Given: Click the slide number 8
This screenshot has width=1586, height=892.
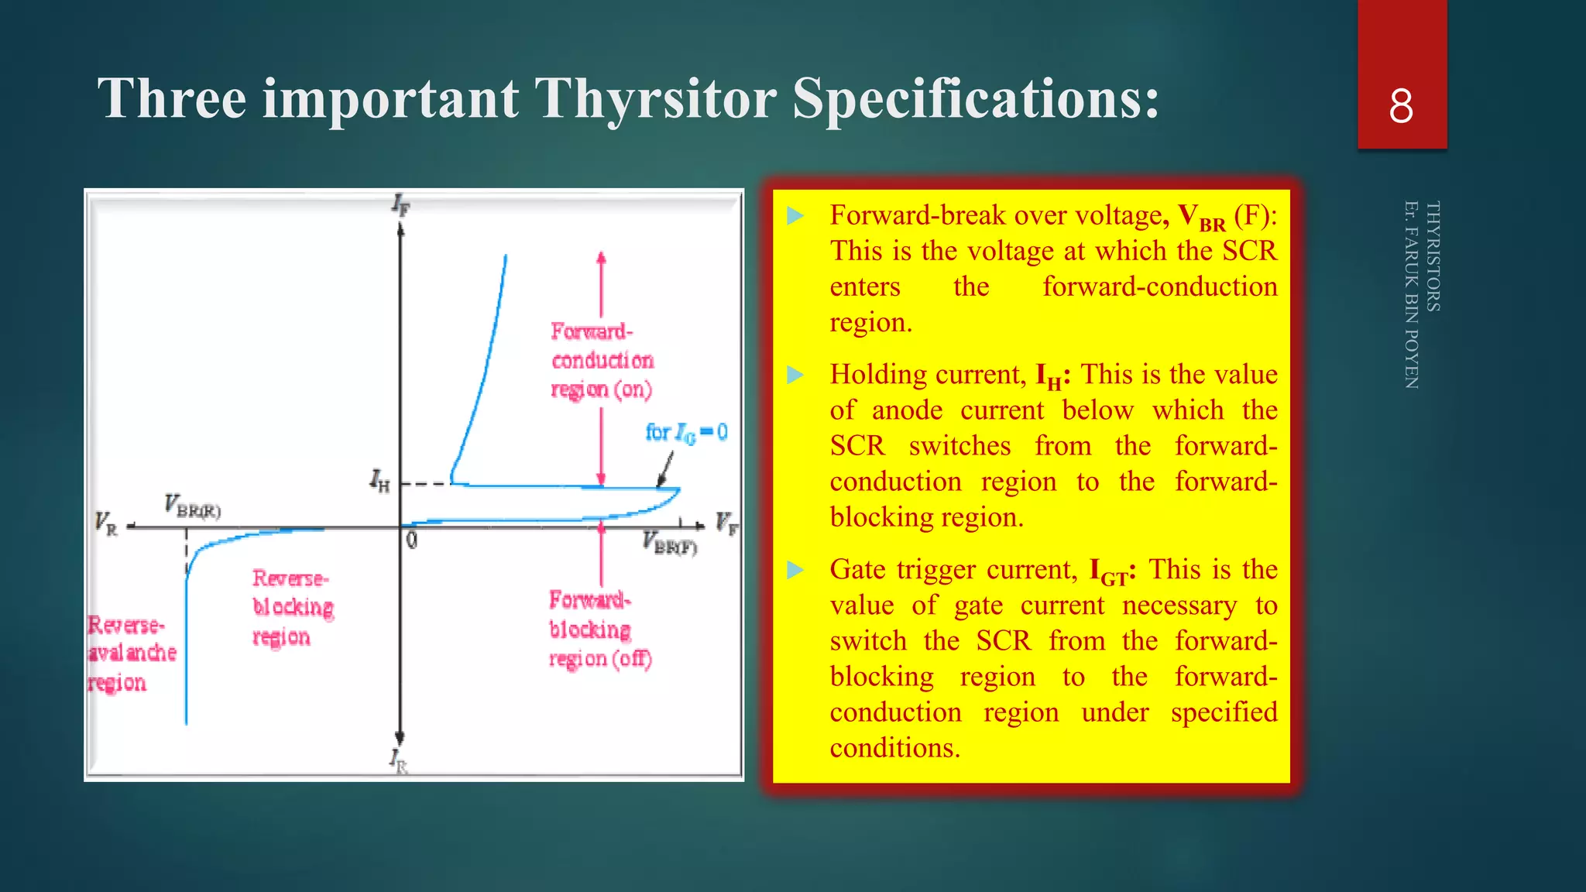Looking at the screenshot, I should click(1401, 106).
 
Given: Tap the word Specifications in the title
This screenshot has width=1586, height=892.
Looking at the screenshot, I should click(976, 98).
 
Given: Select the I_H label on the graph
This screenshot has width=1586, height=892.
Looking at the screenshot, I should click(379, 481).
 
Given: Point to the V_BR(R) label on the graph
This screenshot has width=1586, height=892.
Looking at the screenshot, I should click(192, 506).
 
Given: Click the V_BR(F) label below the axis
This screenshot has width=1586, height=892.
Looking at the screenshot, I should click(670, 543).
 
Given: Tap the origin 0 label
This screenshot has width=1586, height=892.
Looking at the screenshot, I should click(411, 540).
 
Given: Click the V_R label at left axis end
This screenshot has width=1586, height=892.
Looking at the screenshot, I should click(106, 523).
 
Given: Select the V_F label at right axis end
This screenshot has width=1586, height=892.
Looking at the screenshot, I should click(726, 523).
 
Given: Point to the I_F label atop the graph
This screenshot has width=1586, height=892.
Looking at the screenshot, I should click(400, 204).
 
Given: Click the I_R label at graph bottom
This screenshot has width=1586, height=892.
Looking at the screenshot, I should click(399, 760).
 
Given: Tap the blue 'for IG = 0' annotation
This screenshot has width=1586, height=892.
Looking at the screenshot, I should click(686, 432).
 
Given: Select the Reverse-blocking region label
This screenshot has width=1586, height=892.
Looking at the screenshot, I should click(293, 608).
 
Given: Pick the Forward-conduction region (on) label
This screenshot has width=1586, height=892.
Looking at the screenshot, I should click(602, 360).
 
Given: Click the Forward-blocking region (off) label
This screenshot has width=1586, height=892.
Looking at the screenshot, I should click(600, 630).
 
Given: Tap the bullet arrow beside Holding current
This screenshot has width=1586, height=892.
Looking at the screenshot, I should click(795, 376).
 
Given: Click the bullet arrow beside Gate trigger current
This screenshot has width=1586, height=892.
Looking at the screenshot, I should click(795, 571).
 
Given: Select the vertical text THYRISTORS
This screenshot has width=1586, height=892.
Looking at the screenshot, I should click(1433, 256).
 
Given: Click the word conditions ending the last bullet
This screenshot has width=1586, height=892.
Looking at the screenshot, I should click(894, 748).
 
